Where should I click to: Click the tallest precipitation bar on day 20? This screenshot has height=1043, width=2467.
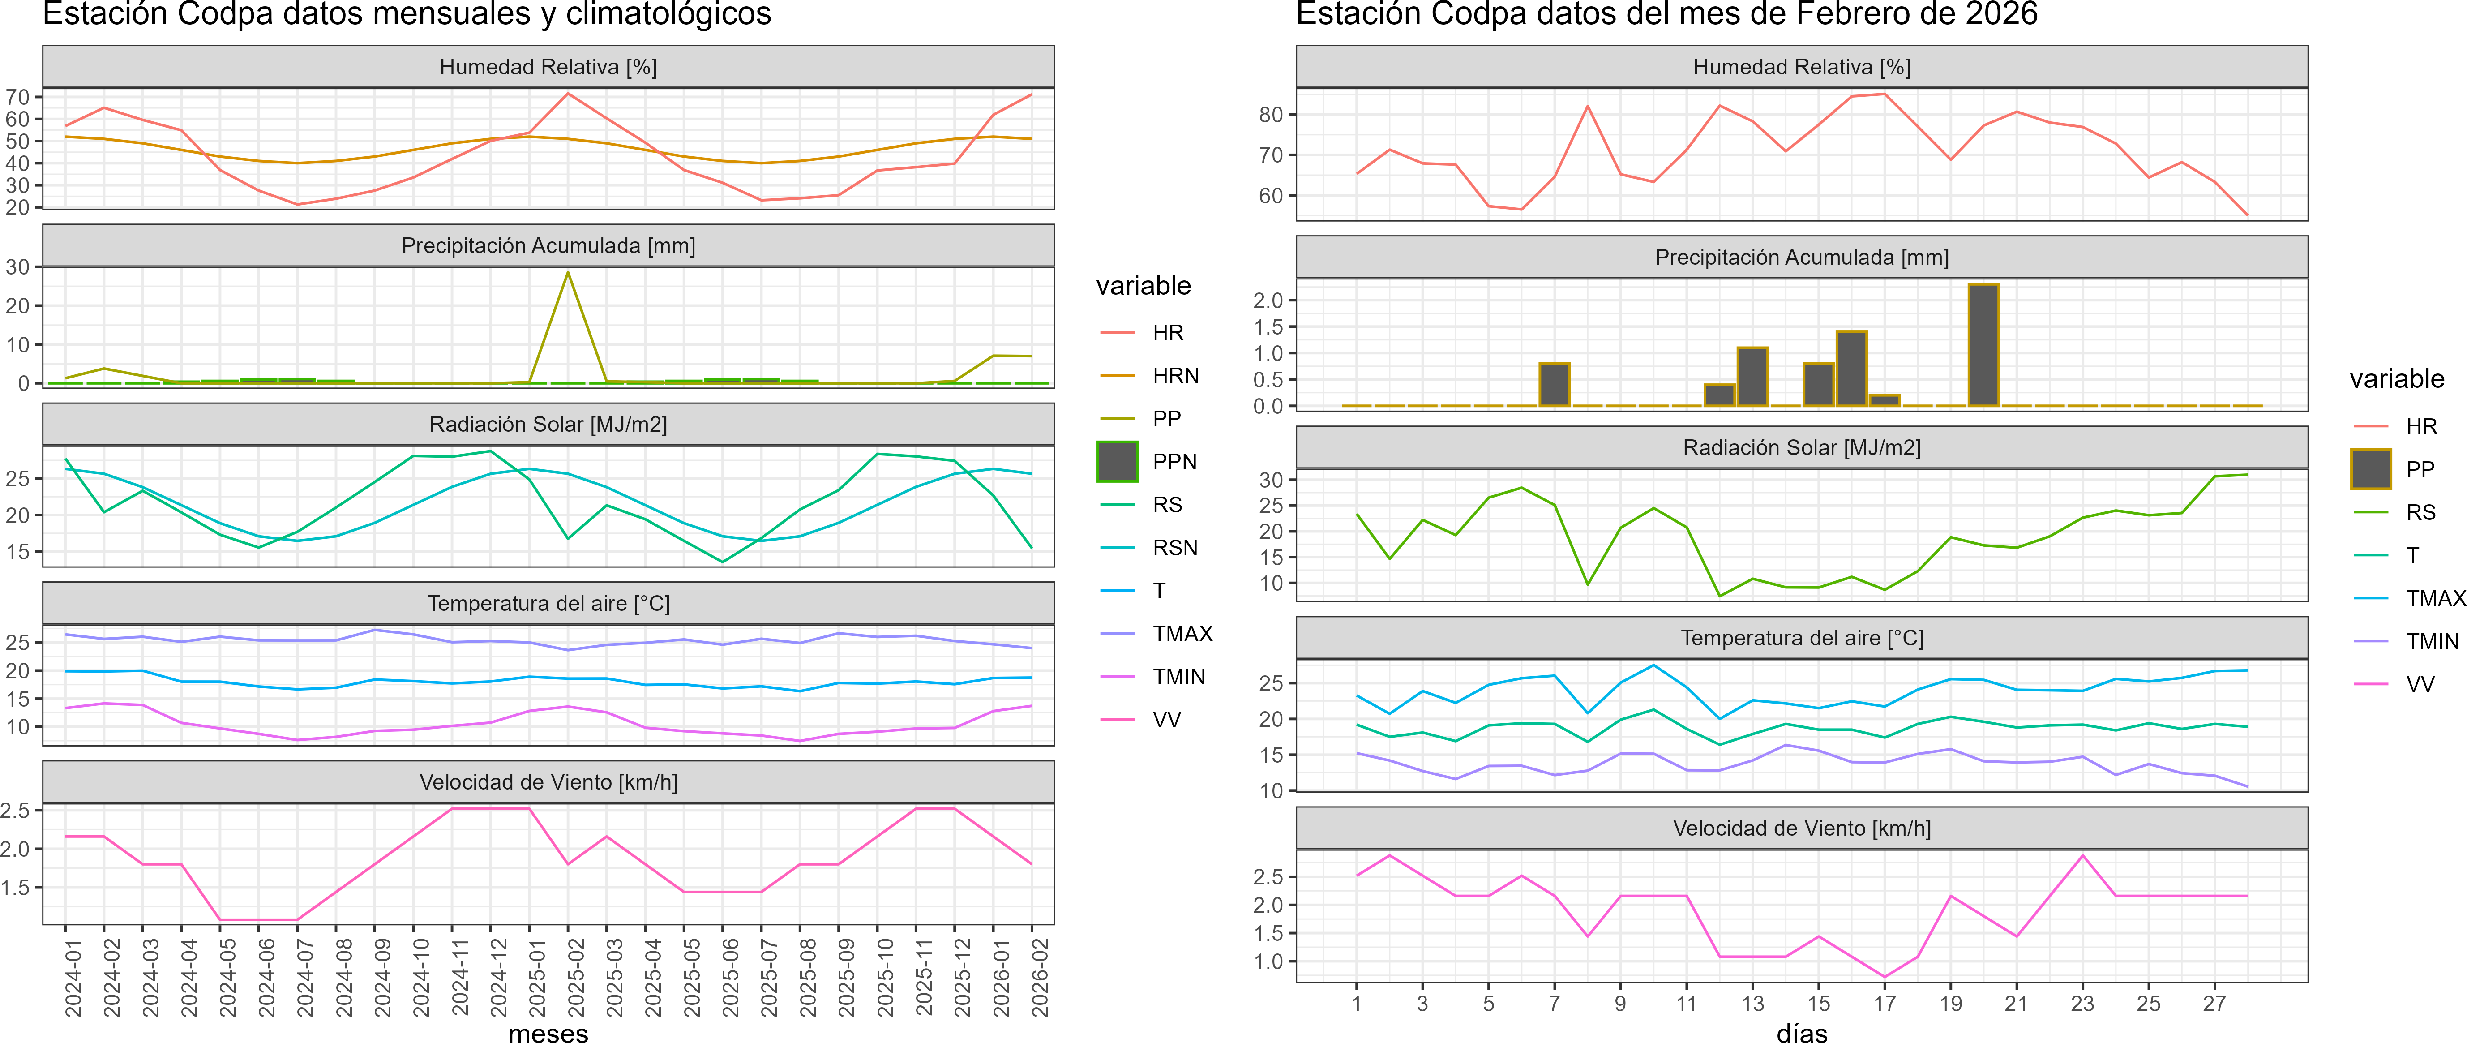(x=1983, y=345)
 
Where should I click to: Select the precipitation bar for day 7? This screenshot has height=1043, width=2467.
(x=1555, y=385)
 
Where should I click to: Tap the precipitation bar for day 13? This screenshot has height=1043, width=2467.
(x=1752, y=376)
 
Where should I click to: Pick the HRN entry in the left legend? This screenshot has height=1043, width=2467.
(x=1175, y=375)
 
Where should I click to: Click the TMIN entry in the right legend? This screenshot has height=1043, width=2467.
(x=2432, y=641)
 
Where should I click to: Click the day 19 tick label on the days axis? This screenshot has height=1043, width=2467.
(x=1951, y=1004)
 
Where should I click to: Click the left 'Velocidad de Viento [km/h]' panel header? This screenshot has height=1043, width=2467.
(x=548, y=781)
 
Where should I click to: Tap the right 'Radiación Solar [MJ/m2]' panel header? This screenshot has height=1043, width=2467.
(x=1801, y=447)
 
